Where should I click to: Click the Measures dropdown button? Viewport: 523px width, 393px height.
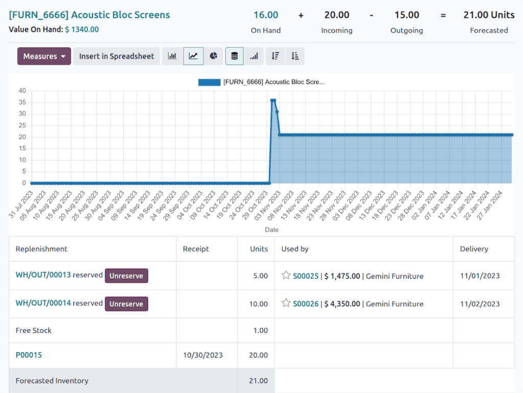(44, 56)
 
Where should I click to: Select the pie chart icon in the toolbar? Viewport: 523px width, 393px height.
(213, 56)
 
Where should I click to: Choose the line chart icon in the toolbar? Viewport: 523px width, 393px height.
(193, 56)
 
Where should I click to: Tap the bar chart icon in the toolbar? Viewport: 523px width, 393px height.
(172, 56)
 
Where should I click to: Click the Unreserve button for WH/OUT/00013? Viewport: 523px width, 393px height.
(126, 276)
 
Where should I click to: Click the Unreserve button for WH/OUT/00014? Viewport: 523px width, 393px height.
(126, 304)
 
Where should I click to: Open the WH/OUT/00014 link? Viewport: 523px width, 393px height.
(43, 303)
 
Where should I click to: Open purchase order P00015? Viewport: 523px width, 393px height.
(29, 355)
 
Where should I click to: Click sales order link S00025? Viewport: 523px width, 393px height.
(305, 276)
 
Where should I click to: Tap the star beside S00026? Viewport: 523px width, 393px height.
(286, 303)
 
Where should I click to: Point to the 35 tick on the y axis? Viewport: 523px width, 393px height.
(22, 102)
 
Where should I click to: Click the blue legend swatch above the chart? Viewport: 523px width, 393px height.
(209, 82)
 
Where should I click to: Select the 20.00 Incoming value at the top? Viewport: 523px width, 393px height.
(337, 15)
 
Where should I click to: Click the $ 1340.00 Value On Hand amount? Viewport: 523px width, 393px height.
(82, 30)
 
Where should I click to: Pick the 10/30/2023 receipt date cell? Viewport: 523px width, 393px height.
(203, 355)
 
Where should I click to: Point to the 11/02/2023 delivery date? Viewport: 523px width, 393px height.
(480, 304)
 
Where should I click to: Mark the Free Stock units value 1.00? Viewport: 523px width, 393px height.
(260, 331)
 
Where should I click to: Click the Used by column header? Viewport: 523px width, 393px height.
(295, 249)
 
